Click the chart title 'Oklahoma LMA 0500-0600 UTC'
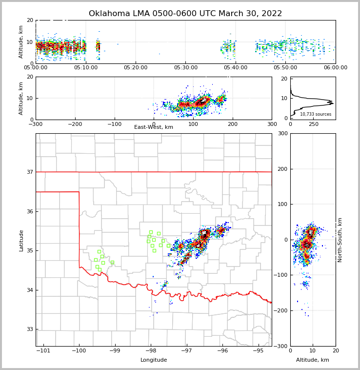click(x=185, y=14)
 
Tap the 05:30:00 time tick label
click(x=186, y=68)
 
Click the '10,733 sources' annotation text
click(x=316, y=114)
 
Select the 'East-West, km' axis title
click(x=154, y=127)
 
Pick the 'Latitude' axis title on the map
click(x=21, y=240)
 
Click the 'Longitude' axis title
click(x=154, y=360)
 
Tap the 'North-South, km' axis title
click(x=340, y=240)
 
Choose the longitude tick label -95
click(x=258, y=350)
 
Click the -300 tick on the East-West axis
click(x=36, y=124)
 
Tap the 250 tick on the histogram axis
click(x=314, y=124)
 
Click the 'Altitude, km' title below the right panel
click(x=313, y=360)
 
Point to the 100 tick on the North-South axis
click(x=282, y=204)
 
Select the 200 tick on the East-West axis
click(x=233, y=124)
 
